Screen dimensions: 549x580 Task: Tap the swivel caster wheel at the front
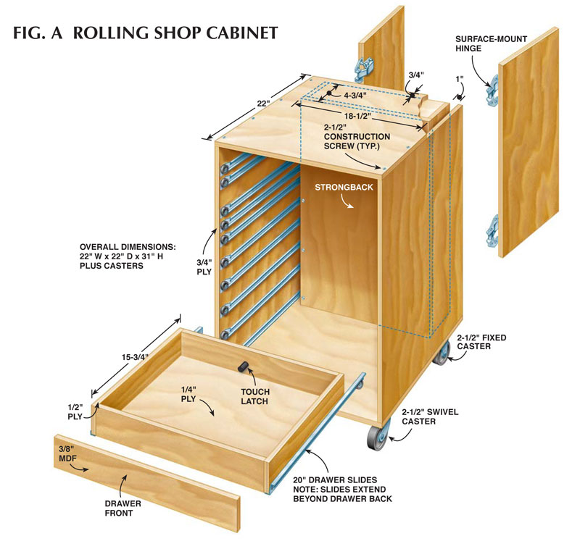(x=377, y=440)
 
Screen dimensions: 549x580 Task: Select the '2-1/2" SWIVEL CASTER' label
(x=430, y=416)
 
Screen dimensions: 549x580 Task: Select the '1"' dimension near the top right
(x=459, y=77)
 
